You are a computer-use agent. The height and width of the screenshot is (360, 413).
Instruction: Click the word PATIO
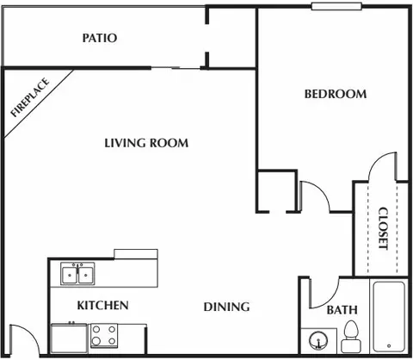100,38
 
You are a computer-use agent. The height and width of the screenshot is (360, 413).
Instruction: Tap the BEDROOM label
336,94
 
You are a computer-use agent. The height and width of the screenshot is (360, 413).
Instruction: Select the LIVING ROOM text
146,143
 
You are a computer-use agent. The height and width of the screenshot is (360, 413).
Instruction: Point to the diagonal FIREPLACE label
29,97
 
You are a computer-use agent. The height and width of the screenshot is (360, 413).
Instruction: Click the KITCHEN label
103,305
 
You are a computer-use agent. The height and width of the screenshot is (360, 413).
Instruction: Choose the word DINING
227,307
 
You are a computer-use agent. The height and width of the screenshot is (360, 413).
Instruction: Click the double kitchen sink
77,275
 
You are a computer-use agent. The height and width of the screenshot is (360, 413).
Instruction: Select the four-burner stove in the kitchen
104,335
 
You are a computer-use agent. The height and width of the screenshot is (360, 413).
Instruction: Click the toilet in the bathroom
351,334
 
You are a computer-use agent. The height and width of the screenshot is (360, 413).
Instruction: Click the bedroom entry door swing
315,196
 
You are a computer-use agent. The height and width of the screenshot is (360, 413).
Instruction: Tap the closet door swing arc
382,166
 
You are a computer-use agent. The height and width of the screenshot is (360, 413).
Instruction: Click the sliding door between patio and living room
176,68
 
